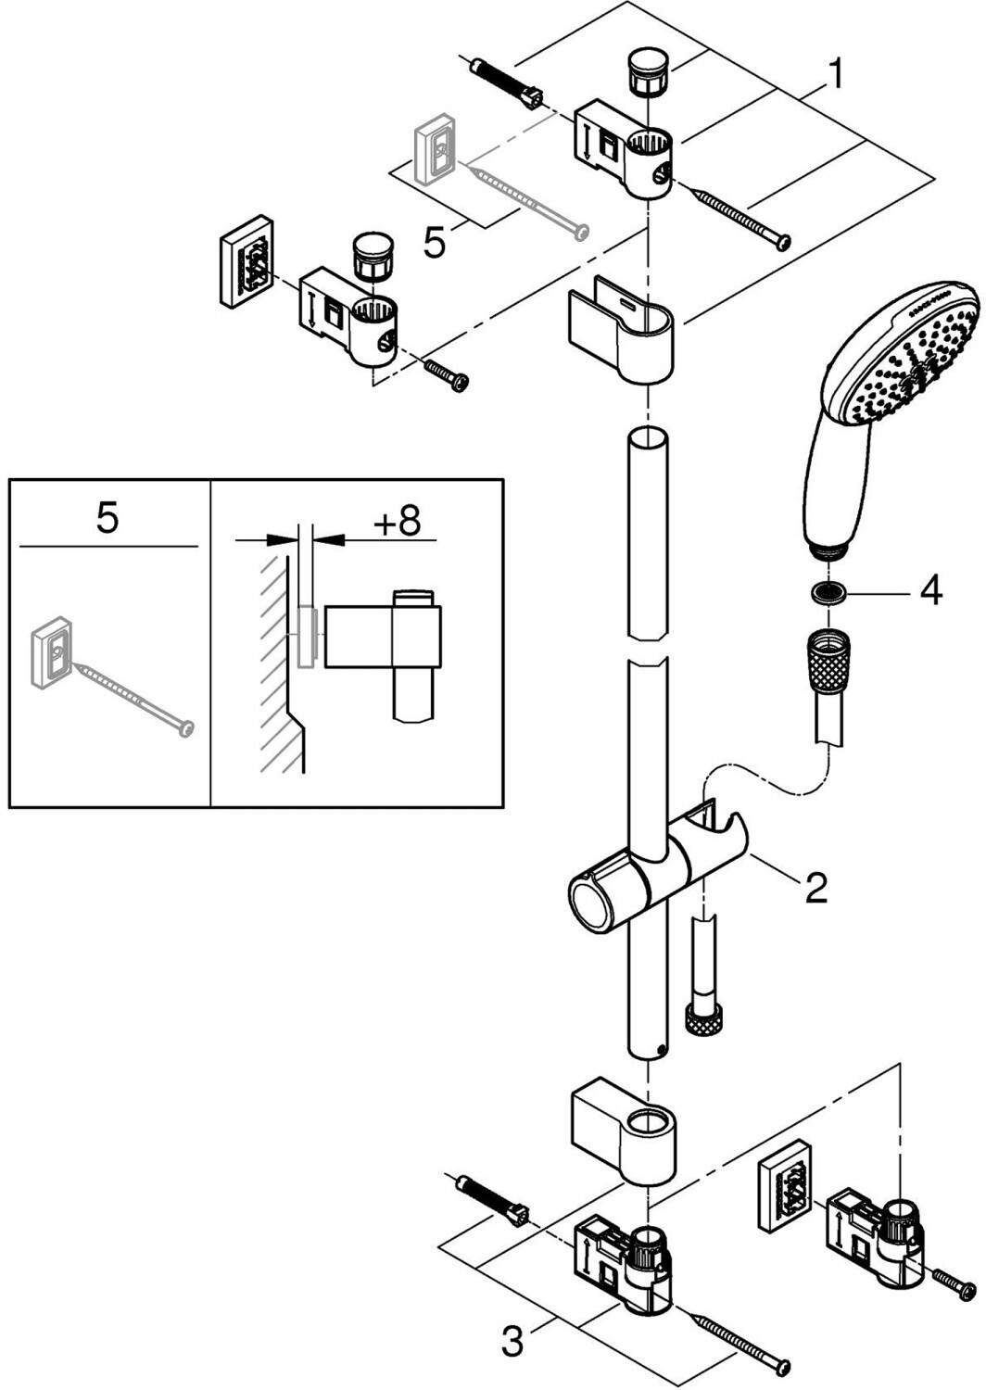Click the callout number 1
pos(835,74)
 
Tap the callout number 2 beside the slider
pos(815,888)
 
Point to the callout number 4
pos(929,589)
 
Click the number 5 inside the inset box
pos(107,518)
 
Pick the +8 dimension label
pos(397,522)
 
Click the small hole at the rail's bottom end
pos(658,1050)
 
